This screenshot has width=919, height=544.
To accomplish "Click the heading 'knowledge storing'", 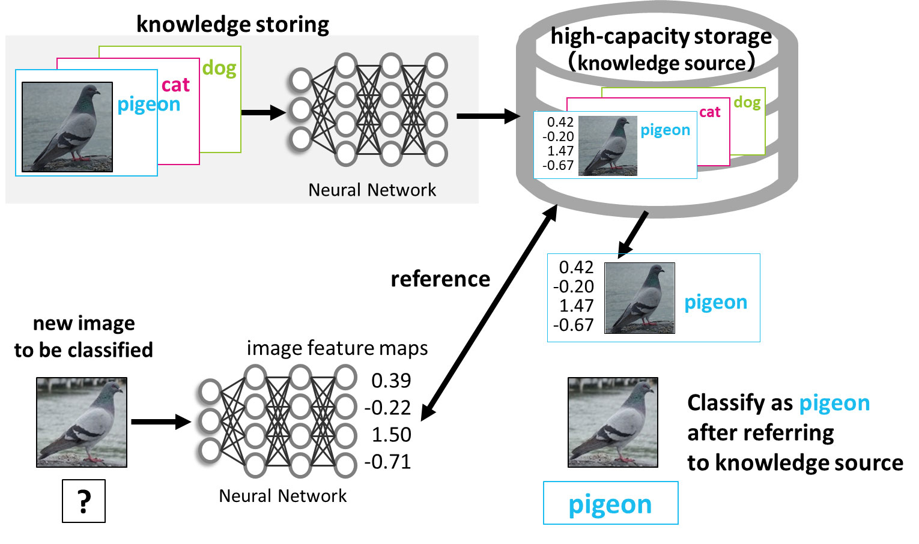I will [x=232, y=24].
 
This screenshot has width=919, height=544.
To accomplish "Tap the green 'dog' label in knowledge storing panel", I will [x=219, y=68].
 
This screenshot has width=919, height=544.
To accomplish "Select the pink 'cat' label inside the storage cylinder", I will [x=709, y=112].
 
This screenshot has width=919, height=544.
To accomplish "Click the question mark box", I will [x=84, y=501].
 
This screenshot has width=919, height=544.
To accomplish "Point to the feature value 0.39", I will [x=391, y=381].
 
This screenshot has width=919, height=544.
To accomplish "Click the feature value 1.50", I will [x=391, y=435].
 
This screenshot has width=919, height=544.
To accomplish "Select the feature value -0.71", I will [x=388, y=462].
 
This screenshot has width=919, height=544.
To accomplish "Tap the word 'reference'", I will [x=440, y=279].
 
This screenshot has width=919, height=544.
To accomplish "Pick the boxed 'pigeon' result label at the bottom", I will [x=610, y=503].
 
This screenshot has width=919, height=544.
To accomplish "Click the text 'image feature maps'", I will [x=337, y=348].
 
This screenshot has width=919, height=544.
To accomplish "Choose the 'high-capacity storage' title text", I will [x=661, y=37].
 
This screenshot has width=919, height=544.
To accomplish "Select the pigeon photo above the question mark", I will [x=82, y=422].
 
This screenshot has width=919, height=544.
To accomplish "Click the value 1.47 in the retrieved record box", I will [x=576, y=306].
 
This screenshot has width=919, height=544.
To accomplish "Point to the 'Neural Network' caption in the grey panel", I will [x=372, y=190].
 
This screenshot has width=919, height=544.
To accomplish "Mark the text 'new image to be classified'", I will [x=83, y=336].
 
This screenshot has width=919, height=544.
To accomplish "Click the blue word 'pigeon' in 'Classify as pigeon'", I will [x=834, y=403].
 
